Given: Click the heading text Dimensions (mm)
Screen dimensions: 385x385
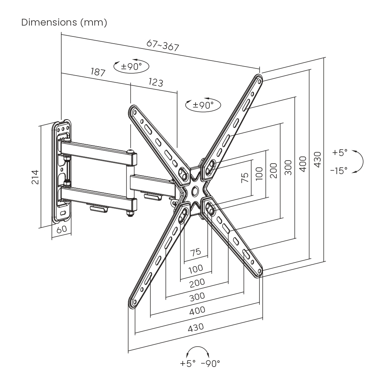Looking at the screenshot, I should pyautogui.click(x=64, y=23).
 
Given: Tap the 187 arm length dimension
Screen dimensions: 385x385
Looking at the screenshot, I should pyautogui.click(x=98, y=72).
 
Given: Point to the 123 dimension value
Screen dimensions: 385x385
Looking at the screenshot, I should pyautogui.click(x=155, y=82).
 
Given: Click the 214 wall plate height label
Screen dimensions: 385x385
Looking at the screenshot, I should pyautogui.click(x=35, y=177).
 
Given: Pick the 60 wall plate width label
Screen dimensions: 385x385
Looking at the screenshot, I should pyautogui.click(x=62, y=229).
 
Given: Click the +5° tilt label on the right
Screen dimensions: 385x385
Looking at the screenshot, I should pyautogui.click(x=340, y=153).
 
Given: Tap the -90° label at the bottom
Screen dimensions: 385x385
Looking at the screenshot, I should pyautogui.click(x=211, y=364).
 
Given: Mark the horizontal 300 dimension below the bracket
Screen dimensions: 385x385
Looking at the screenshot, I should pyautogui.click(x=197, y=297).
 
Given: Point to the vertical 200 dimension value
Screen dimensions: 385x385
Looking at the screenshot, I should pyautogui.click(x=273, y=170).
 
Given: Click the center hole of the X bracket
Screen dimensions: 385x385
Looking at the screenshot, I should pyautogui.click(x=195, y=191).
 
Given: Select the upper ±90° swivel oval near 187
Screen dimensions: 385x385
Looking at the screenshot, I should pyautogui.click(x=132, y=66).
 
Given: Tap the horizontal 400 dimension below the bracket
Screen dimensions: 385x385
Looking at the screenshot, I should pyautogui.click(x=197, y=311).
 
